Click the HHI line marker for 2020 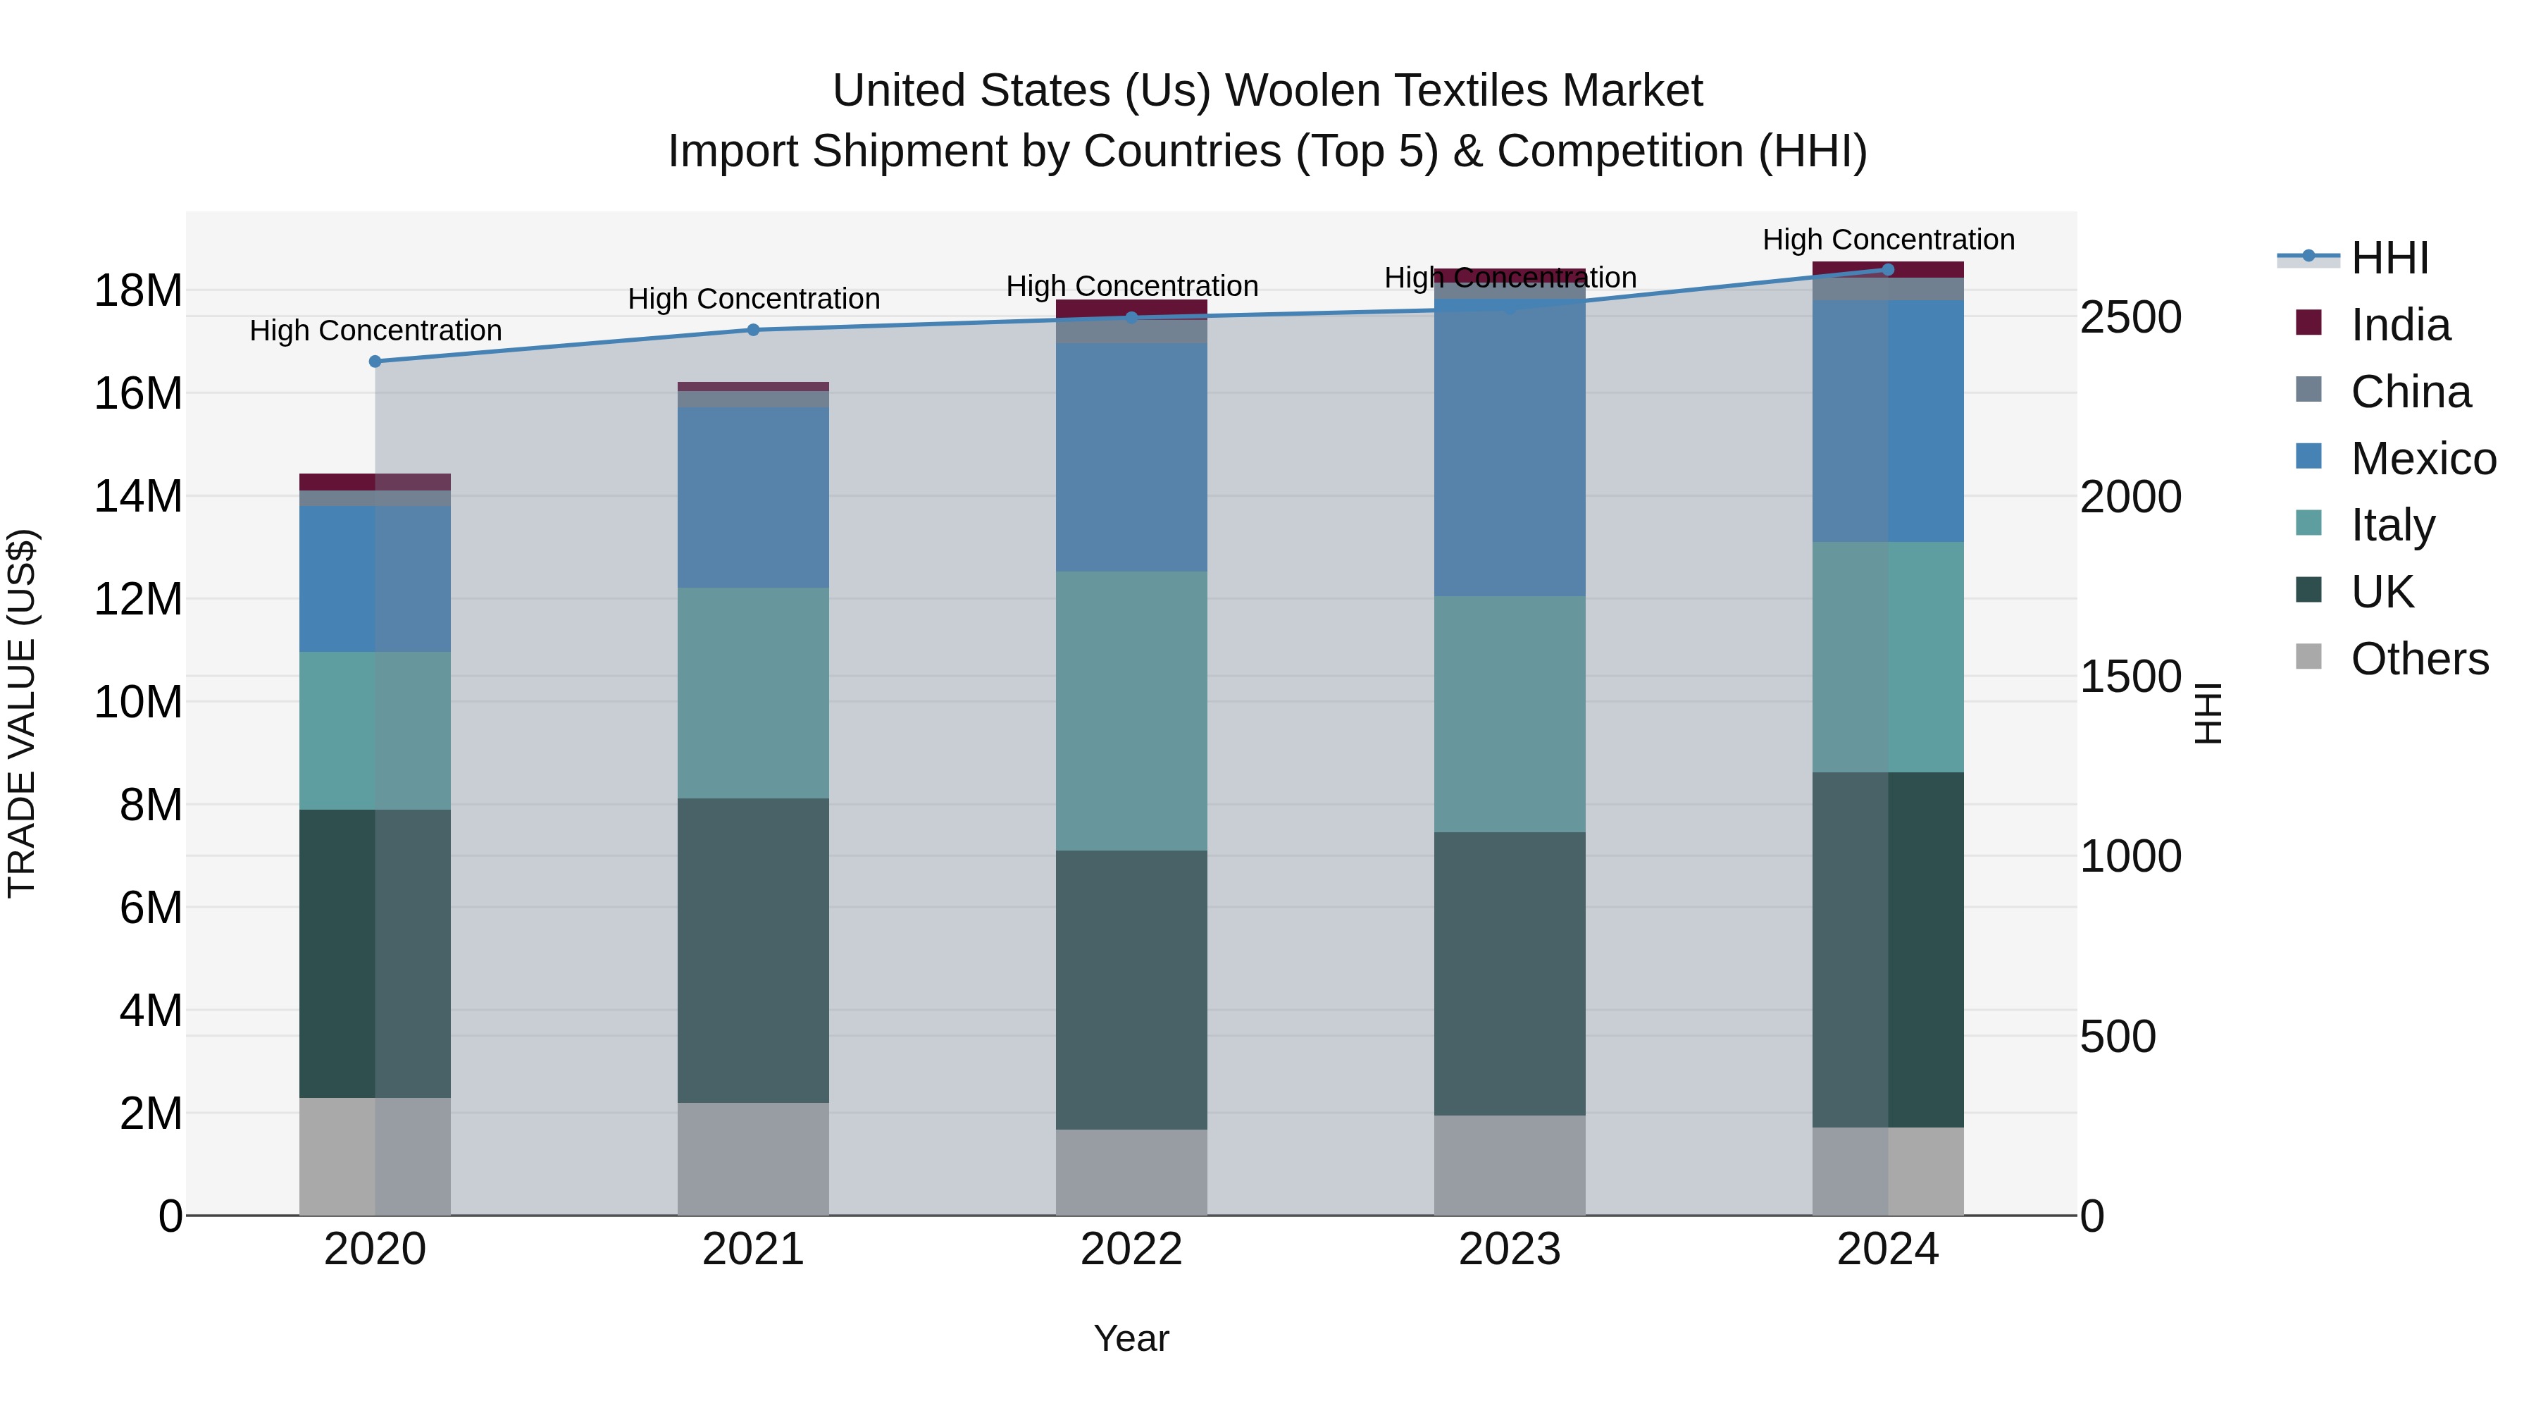click(x=375, y=362)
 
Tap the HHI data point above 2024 click(x=1887, y=270)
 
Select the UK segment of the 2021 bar click(x=753, y=951)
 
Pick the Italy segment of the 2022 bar click(x=1131, y=711)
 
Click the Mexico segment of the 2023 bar click(x=1509, y=453)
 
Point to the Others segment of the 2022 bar click(x=1131, y=1172)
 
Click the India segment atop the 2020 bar click(x=375, y=481)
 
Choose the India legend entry click(x=2399, y=325)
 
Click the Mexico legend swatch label click(x=2423, y=459)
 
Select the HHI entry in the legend click(x=2389, y=258)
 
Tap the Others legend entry click(x=2419, y=659)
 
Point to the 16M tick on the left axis click(x=138, y=394)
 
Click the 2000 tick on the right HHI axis click(x=2130, y=498)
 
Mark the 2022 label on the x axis click(x=1131, y=1249)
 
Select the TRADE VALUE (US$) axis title click(x=23, y=713)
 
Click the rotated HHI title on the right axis click(x=2208, y=713)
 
